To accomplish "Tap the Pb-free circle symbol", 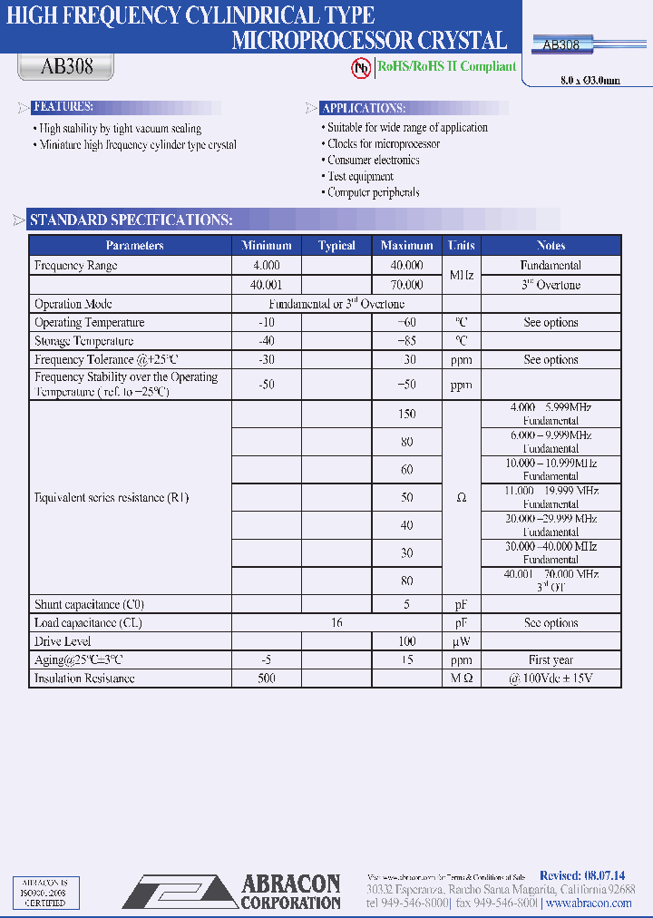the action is (362, 67).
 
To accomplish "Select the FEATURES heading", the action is (63, 107).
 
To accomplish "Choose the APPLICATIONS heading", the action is (364, 108).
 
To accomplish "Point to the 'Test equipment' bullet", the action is (360, 176).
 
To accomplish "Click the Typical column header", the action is (336, 246).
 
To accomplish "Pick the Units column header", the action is (461, 246).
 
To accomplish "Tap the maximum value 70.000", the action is (406, 285).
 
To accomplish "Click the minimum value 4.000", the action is (267, 266).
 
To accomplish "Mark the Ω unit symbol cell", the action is (461, 497).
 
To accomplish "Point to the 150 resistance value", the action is (406, 414).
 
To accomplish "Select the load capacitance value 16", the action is (336, 623).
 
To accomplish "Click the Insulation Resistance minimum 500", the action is (267, 679).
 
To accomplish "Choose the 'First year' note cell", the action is (551, 660).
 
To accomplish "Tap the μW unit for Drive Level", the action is (461, 641).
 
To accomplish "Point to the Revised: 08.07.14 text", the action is (581, 875).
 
